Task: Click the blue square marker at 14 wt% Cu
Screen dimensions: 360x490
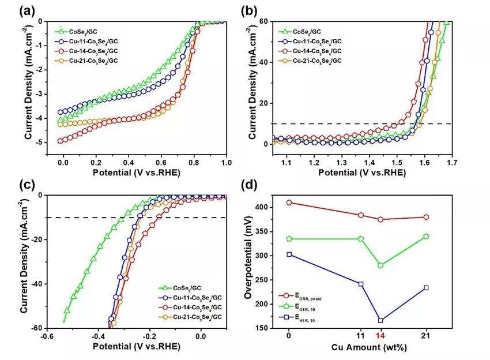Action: click(380, 320)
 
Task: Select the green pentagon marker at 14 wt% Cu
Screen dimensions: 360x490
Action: click(380, 265)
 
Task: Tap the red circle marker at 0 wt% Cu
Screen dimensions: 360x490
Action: click(289, 202)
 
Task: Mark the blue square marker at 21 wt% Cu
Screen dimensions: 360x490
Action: click(426, 287)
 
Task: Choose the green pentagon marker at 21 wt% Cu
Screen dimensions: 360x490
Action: click(426, 236)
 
